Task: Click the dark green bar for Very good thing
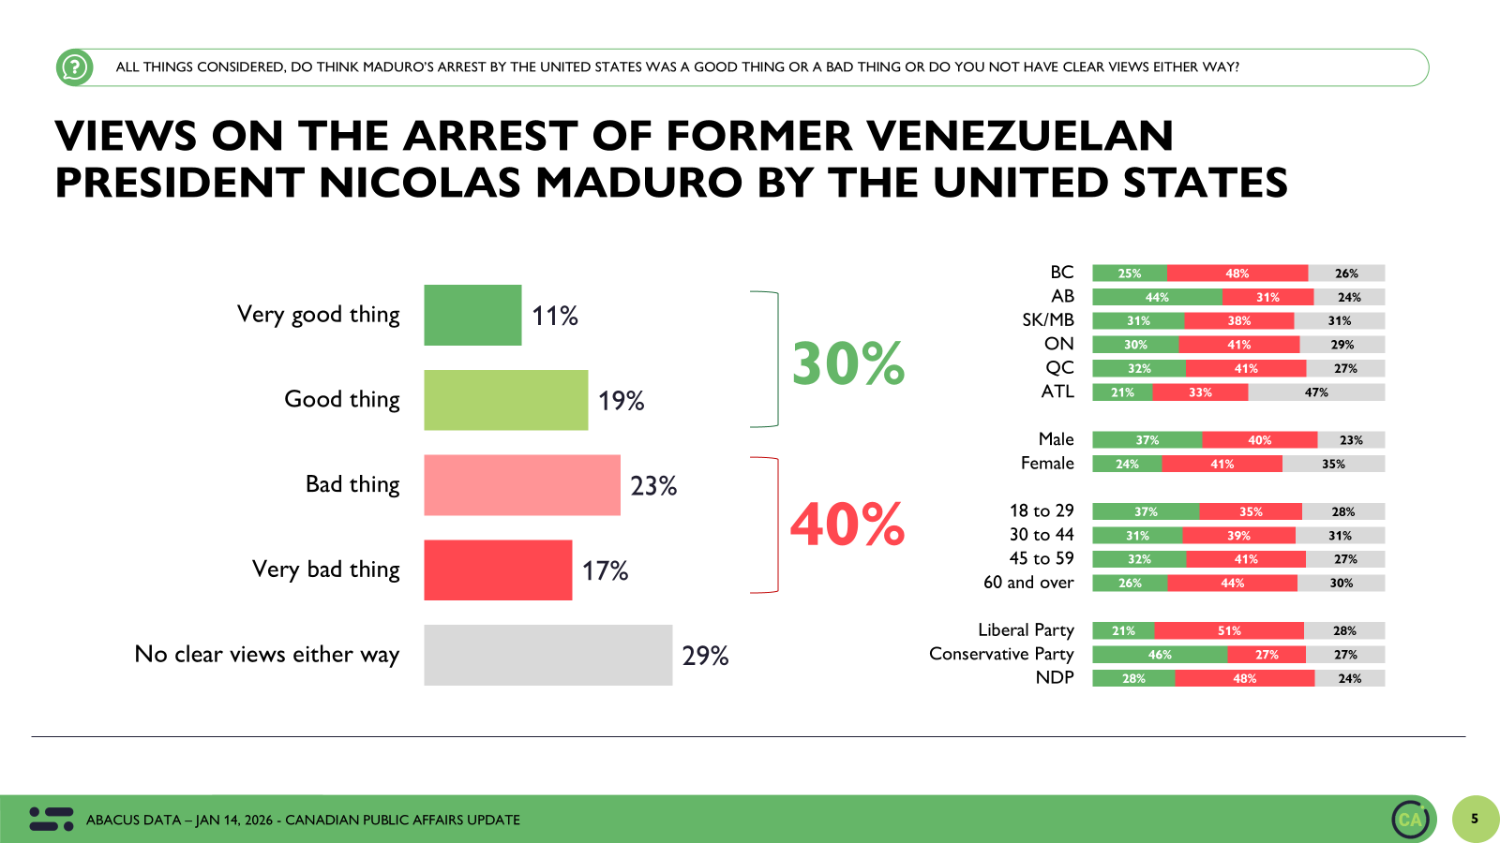(472, 315)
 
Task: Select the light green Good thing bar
(505, 400)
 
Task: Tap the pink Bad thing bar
(521, 485)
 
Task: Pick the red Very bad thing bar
(498, 569)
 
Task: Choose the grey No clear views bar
(547, 655)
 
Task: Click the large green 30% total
(847, 363)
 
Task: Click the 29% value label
(705, 656)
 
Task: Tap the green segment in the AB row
(1157, 297)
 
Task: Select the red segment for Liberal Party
(1229, 630)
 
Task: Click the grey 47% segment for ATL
(1316, 392)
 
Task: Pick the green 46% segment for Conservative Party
(1160, 655)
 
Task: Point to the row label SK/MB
(1048, 320)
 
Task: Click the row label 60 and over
(1028, 583)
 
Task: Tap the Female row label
(1047, 464)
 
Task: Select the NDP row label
(1055, 677)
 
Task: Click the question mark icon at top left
(74, 67)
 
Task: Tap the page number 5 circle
(1475, 819)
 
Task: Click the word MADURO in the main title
(639, 183)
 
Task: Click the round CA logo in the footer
(1411, 820)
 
